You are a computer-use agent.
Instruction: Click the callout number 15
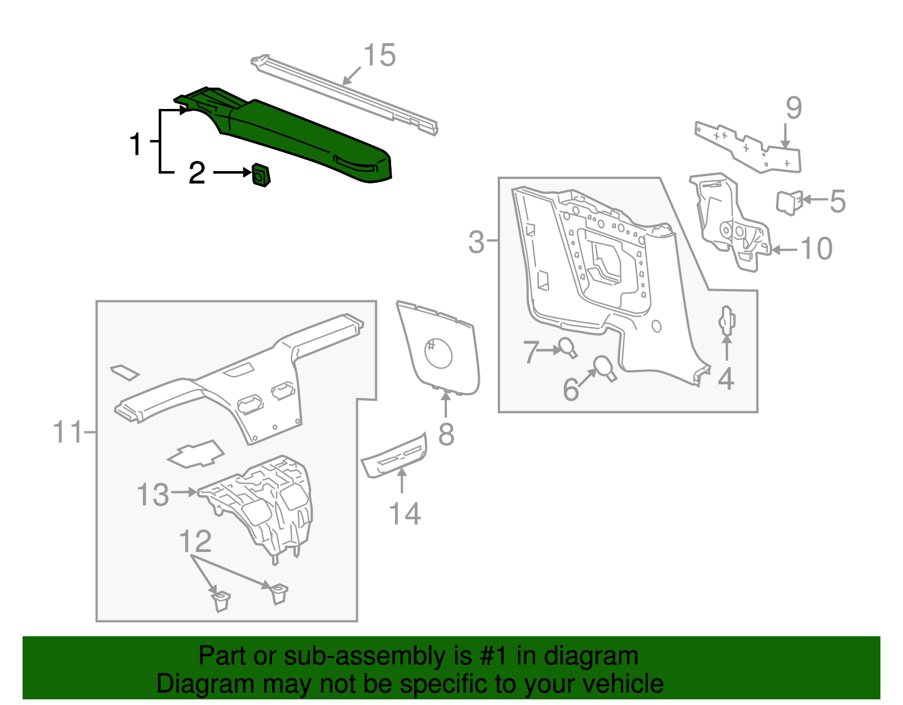[x=379, y=56]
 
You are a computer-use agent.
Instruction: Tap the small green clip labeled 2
[x=261, y=175]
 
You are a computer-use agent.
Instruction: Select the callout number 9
[x=794, y=108]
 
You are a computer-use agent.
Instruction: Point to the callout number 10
[x=816, y=249]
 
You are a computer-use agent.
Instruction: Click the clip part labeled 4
[x=726, y=321]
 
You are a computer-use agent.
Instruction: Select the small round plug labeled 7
[x=567, y=347]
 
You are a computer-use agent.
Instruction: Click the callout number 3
[x=477, y=242]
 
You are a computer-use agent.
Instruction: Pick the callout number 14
[x=405, y=514]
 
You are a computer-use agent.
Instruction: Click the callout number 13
[x=153, y=495]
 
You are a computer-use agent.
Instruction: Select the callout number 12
[x=195, y=541]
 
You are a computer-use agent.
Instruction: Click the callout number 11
[x=67, y=433]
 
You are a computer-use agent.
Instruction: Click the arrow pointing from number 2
[x=231, y=173]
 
